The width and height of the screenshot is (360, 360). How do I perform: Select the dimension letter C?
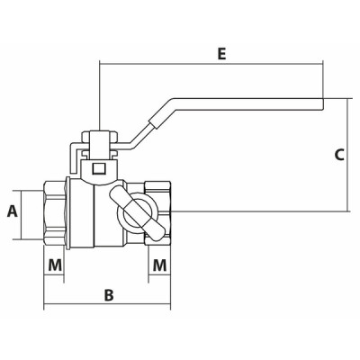click(339, 154)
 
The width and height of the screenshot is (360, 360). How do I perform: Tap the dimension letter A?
click(12, 212)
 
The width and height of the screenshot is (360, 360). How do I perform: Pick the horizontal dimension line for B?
click(108, 306)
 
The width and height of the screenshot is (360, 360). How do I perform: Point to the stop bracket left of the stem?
click(74, 158)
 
